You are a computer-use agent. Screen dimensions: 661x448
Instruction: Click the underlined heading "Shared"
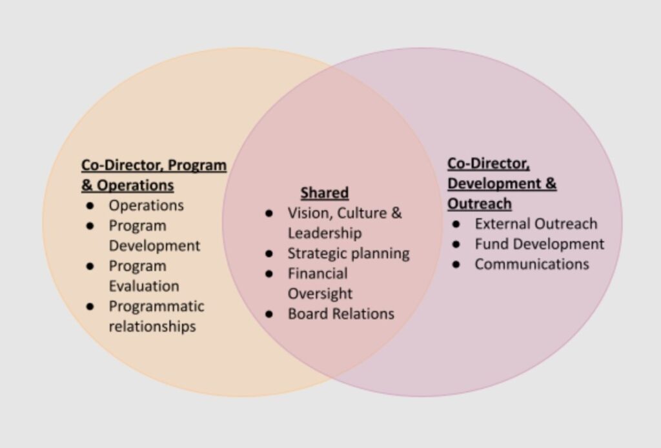pos(325,193)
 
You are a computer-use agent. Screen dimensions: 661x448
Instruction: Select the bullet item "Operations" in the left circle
pos(147,206)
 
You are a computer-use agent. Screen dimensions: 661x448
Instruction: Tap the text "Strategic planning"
pos(349,254)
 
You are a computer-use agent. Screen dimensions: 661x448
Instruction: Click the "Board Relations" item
pos(341,314)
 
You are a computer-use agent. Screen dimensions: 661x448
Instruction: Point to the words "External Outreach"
pos(536,224)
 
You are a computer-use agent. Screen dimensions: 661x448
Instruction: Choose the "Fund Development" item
pos(539,244)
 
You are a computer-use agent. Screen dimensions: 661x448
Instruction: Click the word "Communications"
pos(532,264)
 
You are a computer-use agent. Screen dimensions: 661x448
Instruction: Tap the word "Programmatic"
pos(156,307)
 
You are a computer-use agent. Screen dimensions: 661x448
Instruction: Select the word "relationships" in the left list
pos(152,326)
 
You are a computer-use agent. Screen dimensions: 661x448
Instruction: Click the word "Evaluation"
pos(144,286)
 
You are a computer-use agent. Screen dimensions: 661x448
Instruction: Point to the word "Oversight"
pos(320,294)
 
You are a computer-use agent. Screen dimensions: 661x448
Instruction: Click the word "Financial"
pos(318,273)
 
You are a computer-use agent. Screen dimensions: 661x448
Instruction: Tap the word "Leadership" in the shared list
pos(325,233)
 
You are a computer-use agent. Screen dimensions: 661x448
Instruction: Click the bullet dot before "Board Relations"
pos(269,314)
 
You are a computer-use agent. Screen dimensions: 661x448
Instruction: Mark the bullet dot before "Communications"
pos(456,265)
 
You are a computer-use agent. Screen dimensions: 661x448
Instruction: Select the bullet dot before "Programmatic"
pos(90,306)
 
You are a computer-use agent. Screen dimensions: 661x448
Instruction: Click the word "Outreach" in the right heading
pos(480,204)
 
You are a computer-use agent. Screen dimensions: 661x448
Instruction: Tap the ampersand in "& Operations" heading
pos(86,186)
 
